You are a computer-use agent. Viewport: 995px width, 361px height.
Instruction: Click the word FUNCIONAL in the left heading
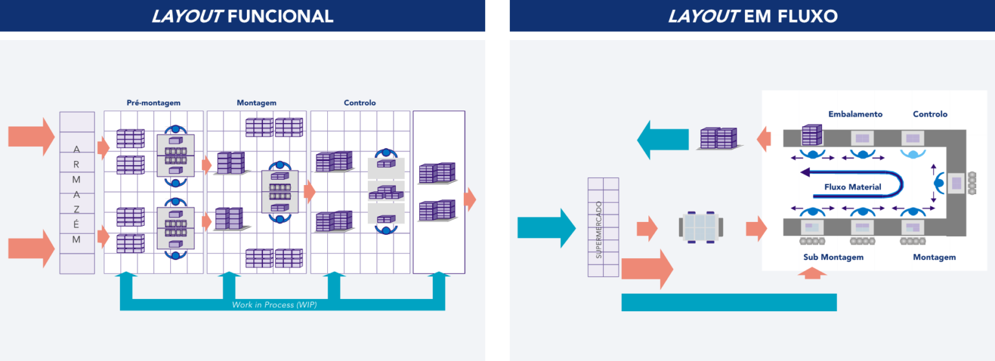280,16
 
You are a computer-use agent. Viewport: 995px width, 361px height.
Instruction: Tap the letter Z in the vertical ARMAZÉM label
76,209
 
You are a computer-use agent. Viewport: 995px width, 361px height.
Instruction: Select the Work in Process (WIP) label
274,305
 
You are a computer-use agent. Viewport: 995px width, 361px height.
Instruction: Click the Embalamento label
855,114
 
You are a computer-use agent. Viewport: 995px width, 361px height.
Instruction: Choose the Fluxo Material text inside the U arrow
852,187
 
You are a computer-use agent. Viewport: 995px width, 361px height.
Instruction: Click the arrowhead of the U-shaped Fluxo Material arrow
805,173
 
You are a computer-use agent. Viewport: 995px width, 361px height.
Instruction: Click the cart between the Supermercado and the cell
701,228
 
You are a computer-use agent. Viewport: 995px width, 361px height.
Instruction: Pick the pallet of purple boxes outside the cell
719,138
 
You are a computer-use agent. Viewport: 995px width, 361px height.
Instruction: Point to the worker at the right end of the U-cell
939,184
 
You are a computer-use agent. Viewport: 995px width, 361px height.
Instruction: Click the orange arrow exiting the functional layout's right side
470,199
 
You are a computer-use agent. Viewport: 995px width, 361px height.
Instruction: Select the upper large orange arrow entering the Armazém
31,137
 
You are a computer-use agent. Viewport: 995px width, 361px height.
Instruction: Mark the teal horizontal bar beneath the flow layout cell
729,302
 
